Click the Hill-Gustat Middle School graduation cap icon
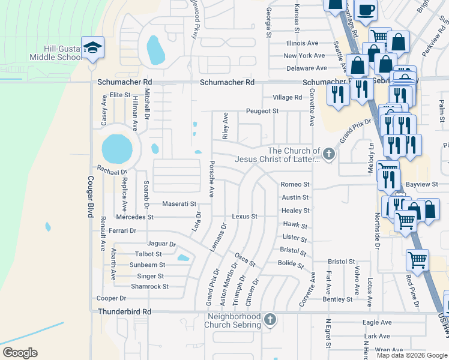(93, 48)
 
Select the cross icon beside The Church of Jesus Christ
(328, 155)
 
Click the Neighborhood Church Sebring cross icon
(270, 320)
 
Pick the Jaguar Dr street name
(161, 244)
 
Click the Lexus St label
(244, 217)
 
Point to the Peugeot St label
(262, 111)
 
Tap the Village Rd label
(287, 97)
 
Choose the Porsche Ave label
(211, 179)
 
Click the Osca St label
(245, 260)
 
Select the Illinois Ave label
(302, 43)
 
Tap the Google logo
(20, 353)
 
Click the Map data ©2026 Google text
(412, 355)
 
